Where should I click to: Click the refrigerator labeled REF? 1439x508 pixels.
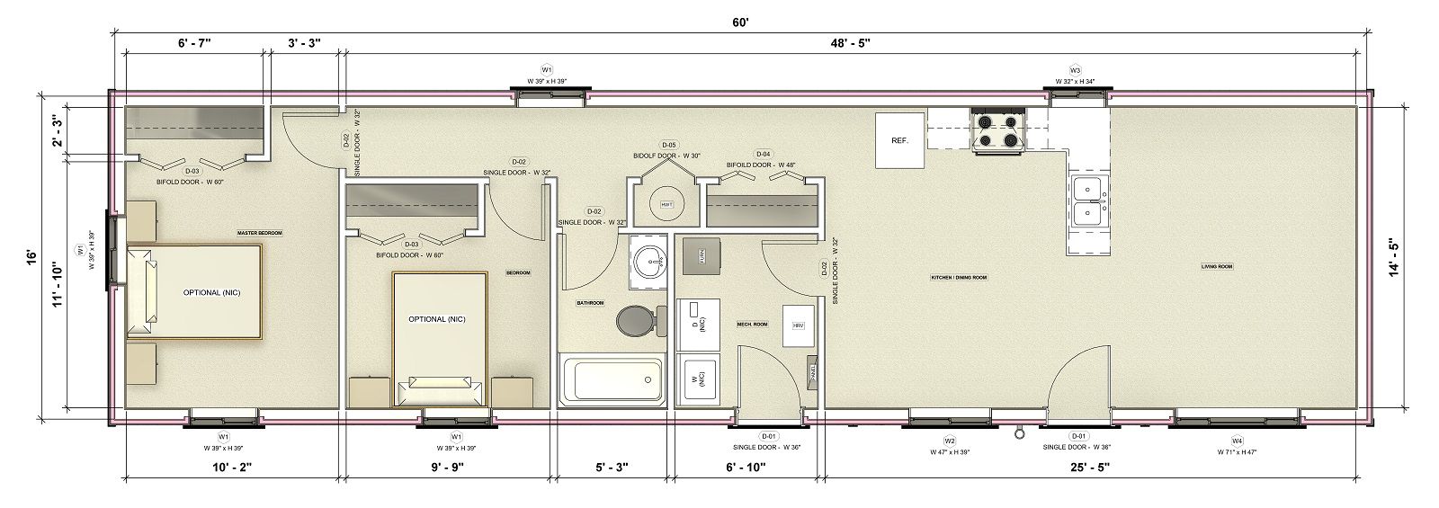[x=900, y=140]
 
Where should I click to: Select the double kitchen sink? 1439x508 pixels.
[x=1089, y=201]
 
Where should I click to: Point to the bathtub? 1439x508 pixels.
[x=612, y=380]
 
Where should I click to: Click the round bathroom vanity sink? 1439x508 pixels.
[x=647, y=263]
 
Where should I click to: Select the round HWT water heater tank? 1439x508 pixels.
[x=666, y=203]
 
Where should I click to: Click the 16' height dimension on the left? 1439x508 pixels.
[x=31, y=256]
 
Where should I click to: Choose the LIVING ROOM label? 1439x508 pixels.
[x=1216, y=266]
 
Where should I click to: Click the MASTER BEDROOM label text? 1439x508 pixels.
[x=259, y=233]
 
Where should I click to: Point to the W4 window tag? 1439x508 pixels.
[x=1237, y=441]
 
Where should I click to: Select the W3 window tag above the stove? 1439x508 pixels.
[x=1075, y=70]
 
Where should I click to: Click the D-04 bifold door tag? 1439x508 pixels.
[x=764, y=153]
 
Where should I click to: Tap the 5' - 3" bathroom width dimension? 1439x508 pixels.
[x=612, y=467]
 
